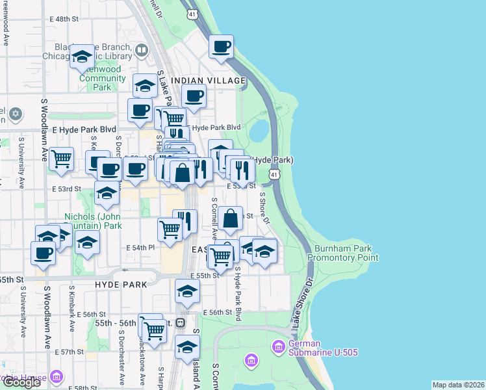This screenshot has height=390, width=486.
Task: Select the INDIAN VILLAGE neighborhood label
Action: coord(208,81)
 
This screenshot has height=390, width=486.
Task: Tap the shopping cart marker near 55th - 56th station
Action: coord(155,330)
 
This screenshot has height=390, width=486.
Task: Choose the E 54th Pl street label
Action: coord(140,248)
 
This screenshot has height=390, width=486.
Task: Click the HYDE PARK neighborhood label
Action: coord(122,285)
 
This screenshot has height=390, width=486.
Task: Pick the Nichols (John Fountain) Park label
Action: coord(93,221)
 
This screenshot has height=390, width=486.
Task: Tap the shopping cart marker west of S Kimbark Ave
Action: coord(62,158)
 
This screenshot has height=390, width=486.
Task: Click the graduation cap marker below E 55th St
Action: coord(187,292)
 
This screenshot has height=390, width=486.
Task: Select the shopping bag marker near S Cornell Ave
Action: coord(231,219)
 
